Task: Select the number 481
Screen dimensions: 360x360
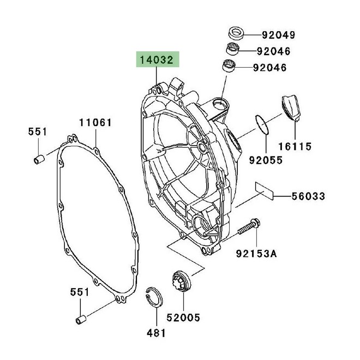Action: (x=155, y=332)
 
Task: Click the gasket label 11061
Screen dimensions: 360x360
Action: (x=96, y=123)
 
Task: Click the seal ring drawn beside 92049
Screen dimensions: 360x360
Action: (x=237, y=32)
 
